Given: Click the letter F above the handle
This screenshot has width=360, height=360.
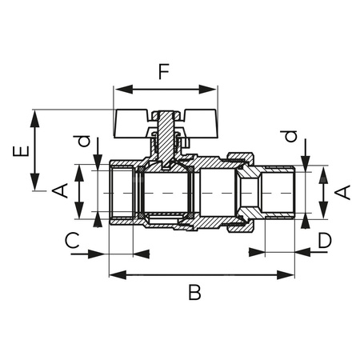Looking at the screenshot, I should pyautogui.click(x=164, y=73).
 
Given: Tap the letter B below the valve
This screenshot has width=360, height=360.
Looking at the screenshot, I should pyautogui.click(x=194, y=293).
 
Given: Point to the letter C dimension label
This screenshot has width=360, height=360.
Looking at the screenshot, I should pyautogui.click(x=71, y=239).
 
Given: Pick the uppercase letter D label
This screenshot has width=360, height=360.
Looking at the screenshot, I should pyautogui.click(x=324, y=239).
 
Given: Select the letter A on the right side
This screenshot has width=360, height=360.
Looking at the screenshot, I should pyautogui.click(x=342, y=192).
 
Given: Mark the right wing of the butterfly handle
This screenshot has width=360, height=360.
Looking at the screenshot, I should pyautogui.click(x=197, y=122).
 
